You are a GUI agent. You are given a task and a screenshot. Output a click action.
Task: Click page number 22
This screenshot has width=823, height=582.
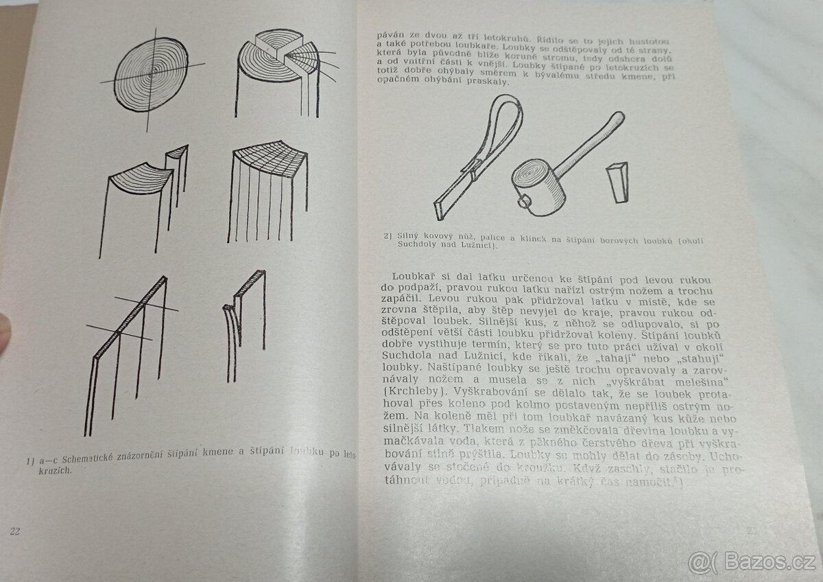tap(15, 531)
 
